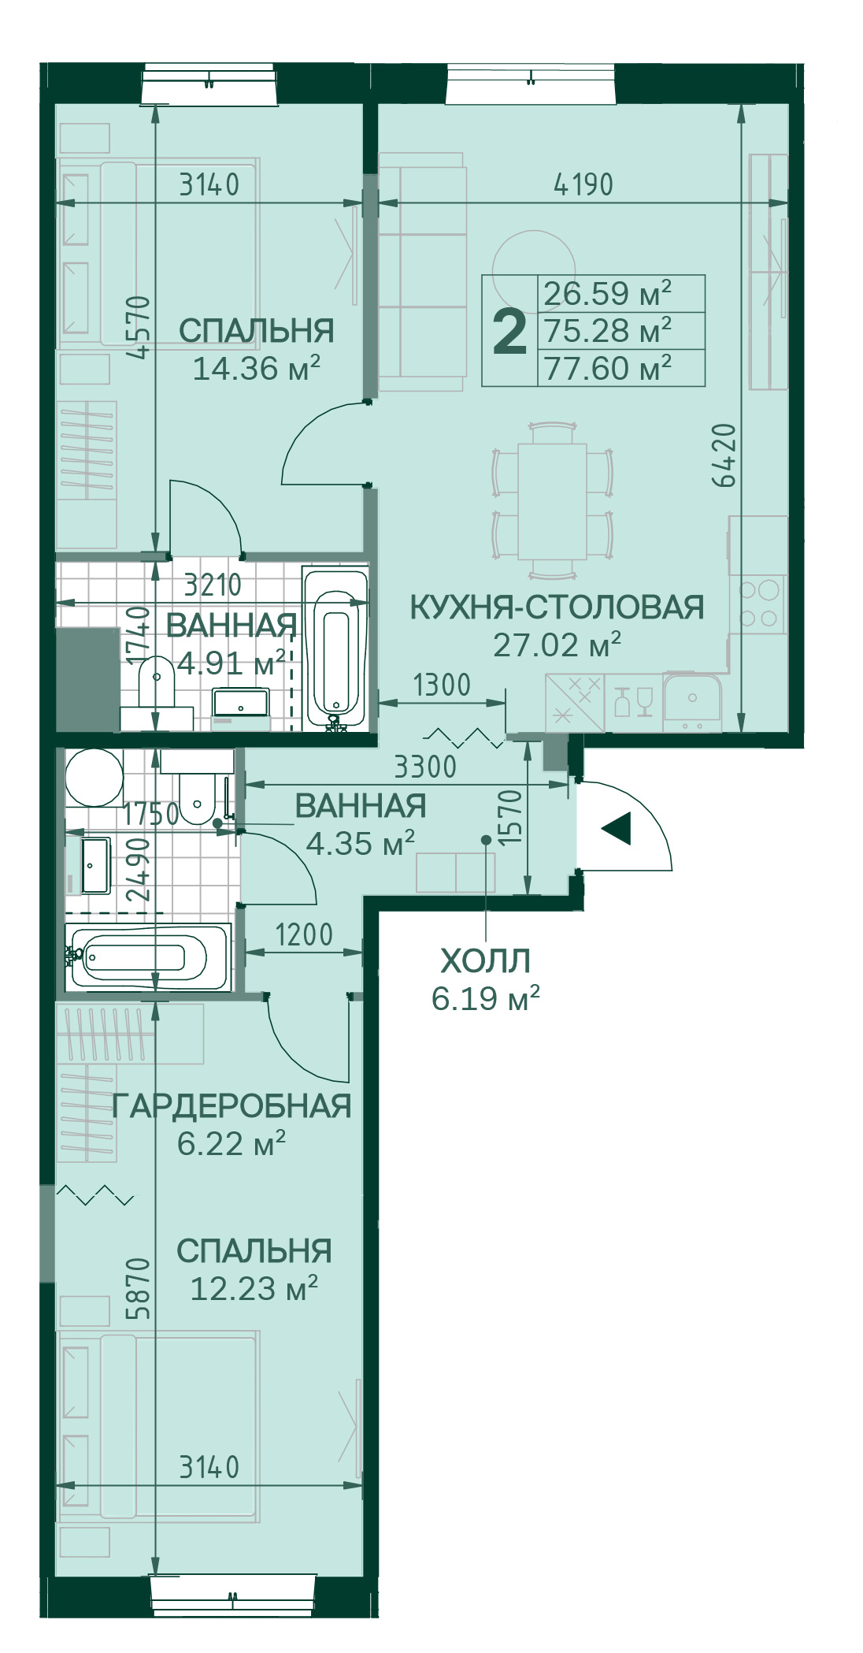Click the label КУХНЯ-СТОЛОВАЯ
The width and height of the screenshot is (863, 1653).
click(557, 607)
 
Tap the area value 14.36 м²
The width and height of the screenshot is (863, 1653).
click(256, 369)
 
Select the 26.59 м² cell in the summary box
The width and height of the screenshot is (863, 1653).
click(607, 294)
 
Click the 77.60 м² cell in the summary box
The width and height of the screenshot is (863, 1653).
click(607, 368)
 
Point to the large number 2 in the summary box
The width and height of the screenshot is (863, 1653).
click(509, 332)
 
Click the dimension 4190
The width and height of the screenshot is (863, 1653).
click(583, 185)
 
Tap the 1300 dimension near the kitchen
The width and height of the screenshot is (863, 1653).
click(442, 685)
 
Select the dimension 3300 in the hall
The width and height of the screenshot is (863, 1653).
click(425, 767)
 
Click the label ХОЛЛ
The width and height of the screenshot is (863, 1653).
click(485, 961)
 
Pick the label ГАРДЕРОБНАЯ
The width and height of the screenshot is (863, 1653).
click(231, 1107)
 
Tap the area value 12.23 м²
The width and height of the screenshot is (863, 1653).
click(254, 1289)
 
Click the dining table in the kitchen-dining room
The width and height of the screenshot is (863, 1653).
click(552, 501)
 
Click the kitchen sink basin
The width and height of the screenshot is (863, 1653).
click(691, 697)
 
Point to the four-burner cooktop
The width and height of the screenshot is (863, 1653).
click(758, 604)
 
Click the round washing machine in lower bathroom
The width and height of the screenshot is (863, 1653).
click(94, 777)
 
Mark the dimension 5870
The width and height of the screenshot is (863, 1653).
click(138, 1288)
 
